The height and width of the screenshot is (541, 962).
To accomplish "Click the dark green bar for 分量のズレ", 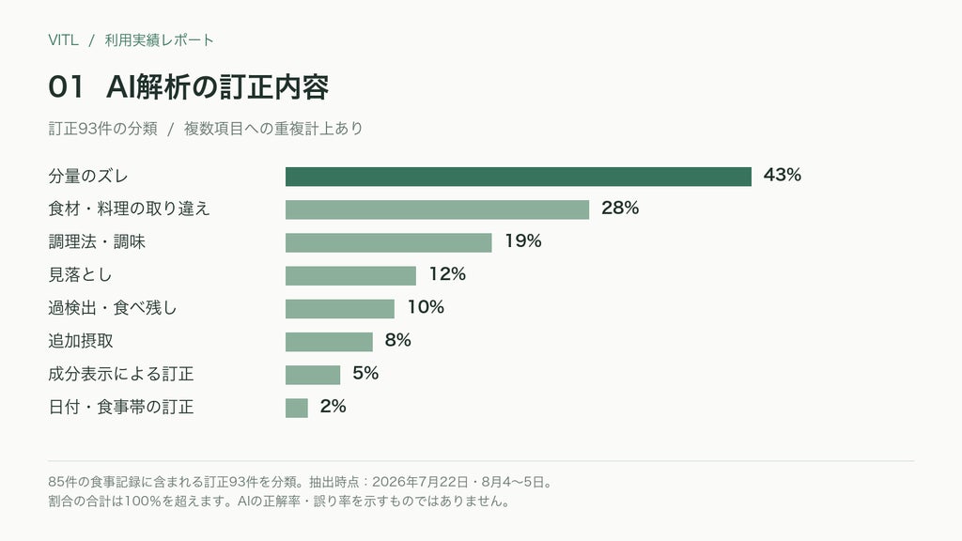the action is (519, 177).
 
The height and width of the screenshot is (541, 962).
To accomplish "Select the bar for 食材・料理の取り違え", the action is (437, 209).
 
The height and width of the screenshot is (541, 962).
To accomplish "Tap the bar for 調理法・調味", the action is (388, 243).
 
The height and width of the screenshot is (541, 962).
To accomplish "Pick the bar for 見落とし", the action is (350, 276).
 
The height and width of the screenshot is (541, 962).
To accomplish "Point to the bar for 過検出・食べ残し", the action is (340, 309).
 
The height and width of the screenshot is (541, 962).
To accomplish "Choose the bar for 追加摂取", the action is (329, 342).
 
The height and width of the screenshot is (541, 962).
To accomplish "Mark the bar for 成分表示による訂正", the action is (313, 375).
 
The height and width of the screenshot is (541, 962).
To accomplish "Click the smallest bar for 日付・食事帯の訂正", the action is (296, 408).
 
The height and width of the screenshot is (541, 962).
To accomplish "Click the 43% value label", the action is (783, 176).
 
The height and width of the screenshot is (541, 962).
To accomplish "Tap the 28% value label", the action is (620, 209).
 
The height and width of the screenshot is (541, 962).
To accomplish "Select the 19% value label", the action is (522, 241).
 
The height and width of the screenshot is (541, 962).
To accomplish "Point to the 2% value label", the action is (334, 407).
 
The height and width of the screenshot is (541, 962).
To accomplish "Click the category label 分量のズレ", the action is (88, 177).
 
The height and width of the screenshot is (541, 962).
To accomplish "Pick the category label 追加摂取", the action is (81, 341).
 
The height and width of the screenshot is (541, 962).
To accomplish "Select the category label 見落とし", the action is (81, 275).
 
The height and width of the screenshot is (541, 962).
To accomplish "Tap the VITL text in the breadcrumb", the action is (63, 40).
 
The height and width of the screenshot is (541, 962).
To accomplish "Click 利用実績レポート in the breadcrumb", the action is (160, 40).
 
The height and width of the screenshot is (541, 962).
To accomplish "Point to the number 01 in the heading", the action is (66, 87).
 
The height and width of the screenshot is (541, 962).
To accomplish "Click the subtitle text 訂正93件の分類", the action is (103, 129).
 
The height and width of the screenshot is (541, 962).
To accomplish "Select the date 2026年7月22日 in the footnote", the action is (420, 482).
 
